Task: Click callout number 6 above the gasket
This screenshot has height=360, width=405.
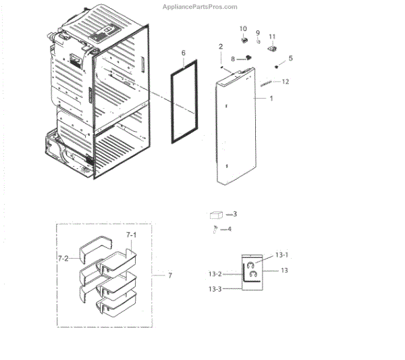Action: pyautogui.click(x=183, y=53)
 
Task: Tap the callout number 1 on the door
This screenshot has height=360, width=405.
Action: pyautogui.click(x=271, y=99)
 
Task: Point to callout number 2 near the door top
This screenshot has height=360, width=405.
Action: pyautogui.click(x=221, y=46)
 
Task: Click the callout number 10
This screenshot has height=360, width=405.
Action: pyautogui.click(x=244, y=28)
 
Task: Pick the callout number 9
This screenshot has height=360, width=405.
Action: pyautogui.click(x=258, y=32)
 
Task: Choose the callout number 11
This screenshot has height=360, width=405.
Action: pyautogui.click(x=273, y=36)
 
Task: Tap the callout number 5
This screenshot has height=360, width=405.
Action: pyautogui.click(x=291, y=58)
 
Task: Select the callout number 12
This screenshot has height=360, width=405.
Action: pyautogui.click(x=286, y=82)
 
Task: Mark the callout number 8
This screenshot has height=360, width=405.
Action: pyautogui.click(x=233, y=59)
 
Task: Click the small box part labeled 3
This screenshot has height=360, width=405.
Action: pyautogui.click(x=216, y=215)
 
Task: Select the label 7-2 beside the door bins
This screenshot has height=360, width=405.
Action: pyautogui.click(x=63, y=258)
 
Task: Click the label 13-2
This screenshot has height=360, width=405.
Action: pyautogui.click(x=215, y=274)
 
